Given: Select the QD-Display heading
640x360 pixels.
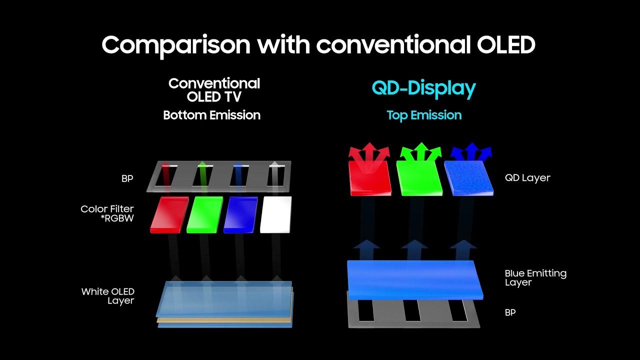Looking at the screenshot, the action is click(x=423, y=89).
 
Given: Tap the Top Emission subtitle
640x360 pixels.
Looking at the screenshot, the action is click(x=424, y=115).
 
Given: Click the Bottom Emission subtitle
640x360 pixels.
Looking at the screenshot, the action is click(x=211, y=115).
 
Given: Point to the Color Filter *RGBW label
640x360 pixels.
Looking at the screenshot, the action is click(x=107, y=213).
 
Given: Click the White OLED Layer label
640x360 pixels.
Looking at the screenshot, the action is click(x=107, y=296).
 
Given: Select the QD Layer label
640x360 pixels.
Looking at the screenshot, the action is click(x=527, y=177).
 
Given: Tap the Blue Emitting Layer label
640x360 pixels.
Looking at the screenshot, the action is click(x=535, y=277).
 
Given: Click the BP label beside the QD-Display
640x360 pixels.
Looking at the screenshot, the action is click(x=510, y=312).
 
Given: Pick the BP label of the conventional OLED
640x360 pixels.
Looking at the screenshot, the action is click(x=127, y=178).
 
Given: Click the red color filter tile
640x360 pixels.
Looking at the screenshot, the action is click(x=169, y=214).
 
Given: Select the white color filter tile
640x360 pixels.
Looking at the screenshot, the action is click(x=276, y=214).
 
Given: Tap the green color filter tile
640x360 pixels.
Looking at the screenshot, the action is click(x=205, y=214).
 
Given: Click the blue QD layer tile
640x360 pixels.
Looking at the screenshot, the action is click(x=469, y=178).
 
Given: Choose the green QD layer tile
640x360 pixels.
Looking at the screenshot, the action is click(x=419, y=178).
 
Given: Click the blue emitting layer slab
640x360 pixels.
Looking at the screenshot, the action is click(x=415, y=280).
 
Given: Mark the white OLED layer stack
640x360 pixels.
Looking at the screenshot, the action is click(x=225, y=304).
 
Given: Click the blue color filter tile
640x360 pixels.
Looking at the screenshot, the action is click(x=240, y=214).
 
